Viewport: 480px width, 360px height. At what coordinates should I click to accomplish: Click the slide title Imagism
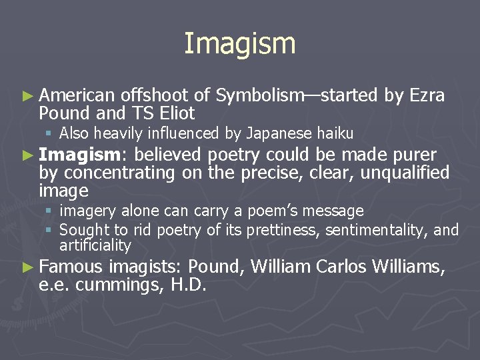click(x=239, y=44)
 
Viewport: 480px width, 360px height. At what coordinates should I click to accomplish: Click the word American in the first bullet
click(x=77, y=96)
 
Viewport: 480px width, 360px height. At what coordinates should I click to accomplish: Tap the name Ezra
click(x=427, y=96)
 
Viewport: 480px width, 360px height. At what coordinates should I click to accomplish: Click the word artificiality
click(x=95, y=245)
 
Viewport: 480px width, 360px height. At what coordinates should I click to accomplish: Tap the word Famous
click(x=70, y=268)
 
